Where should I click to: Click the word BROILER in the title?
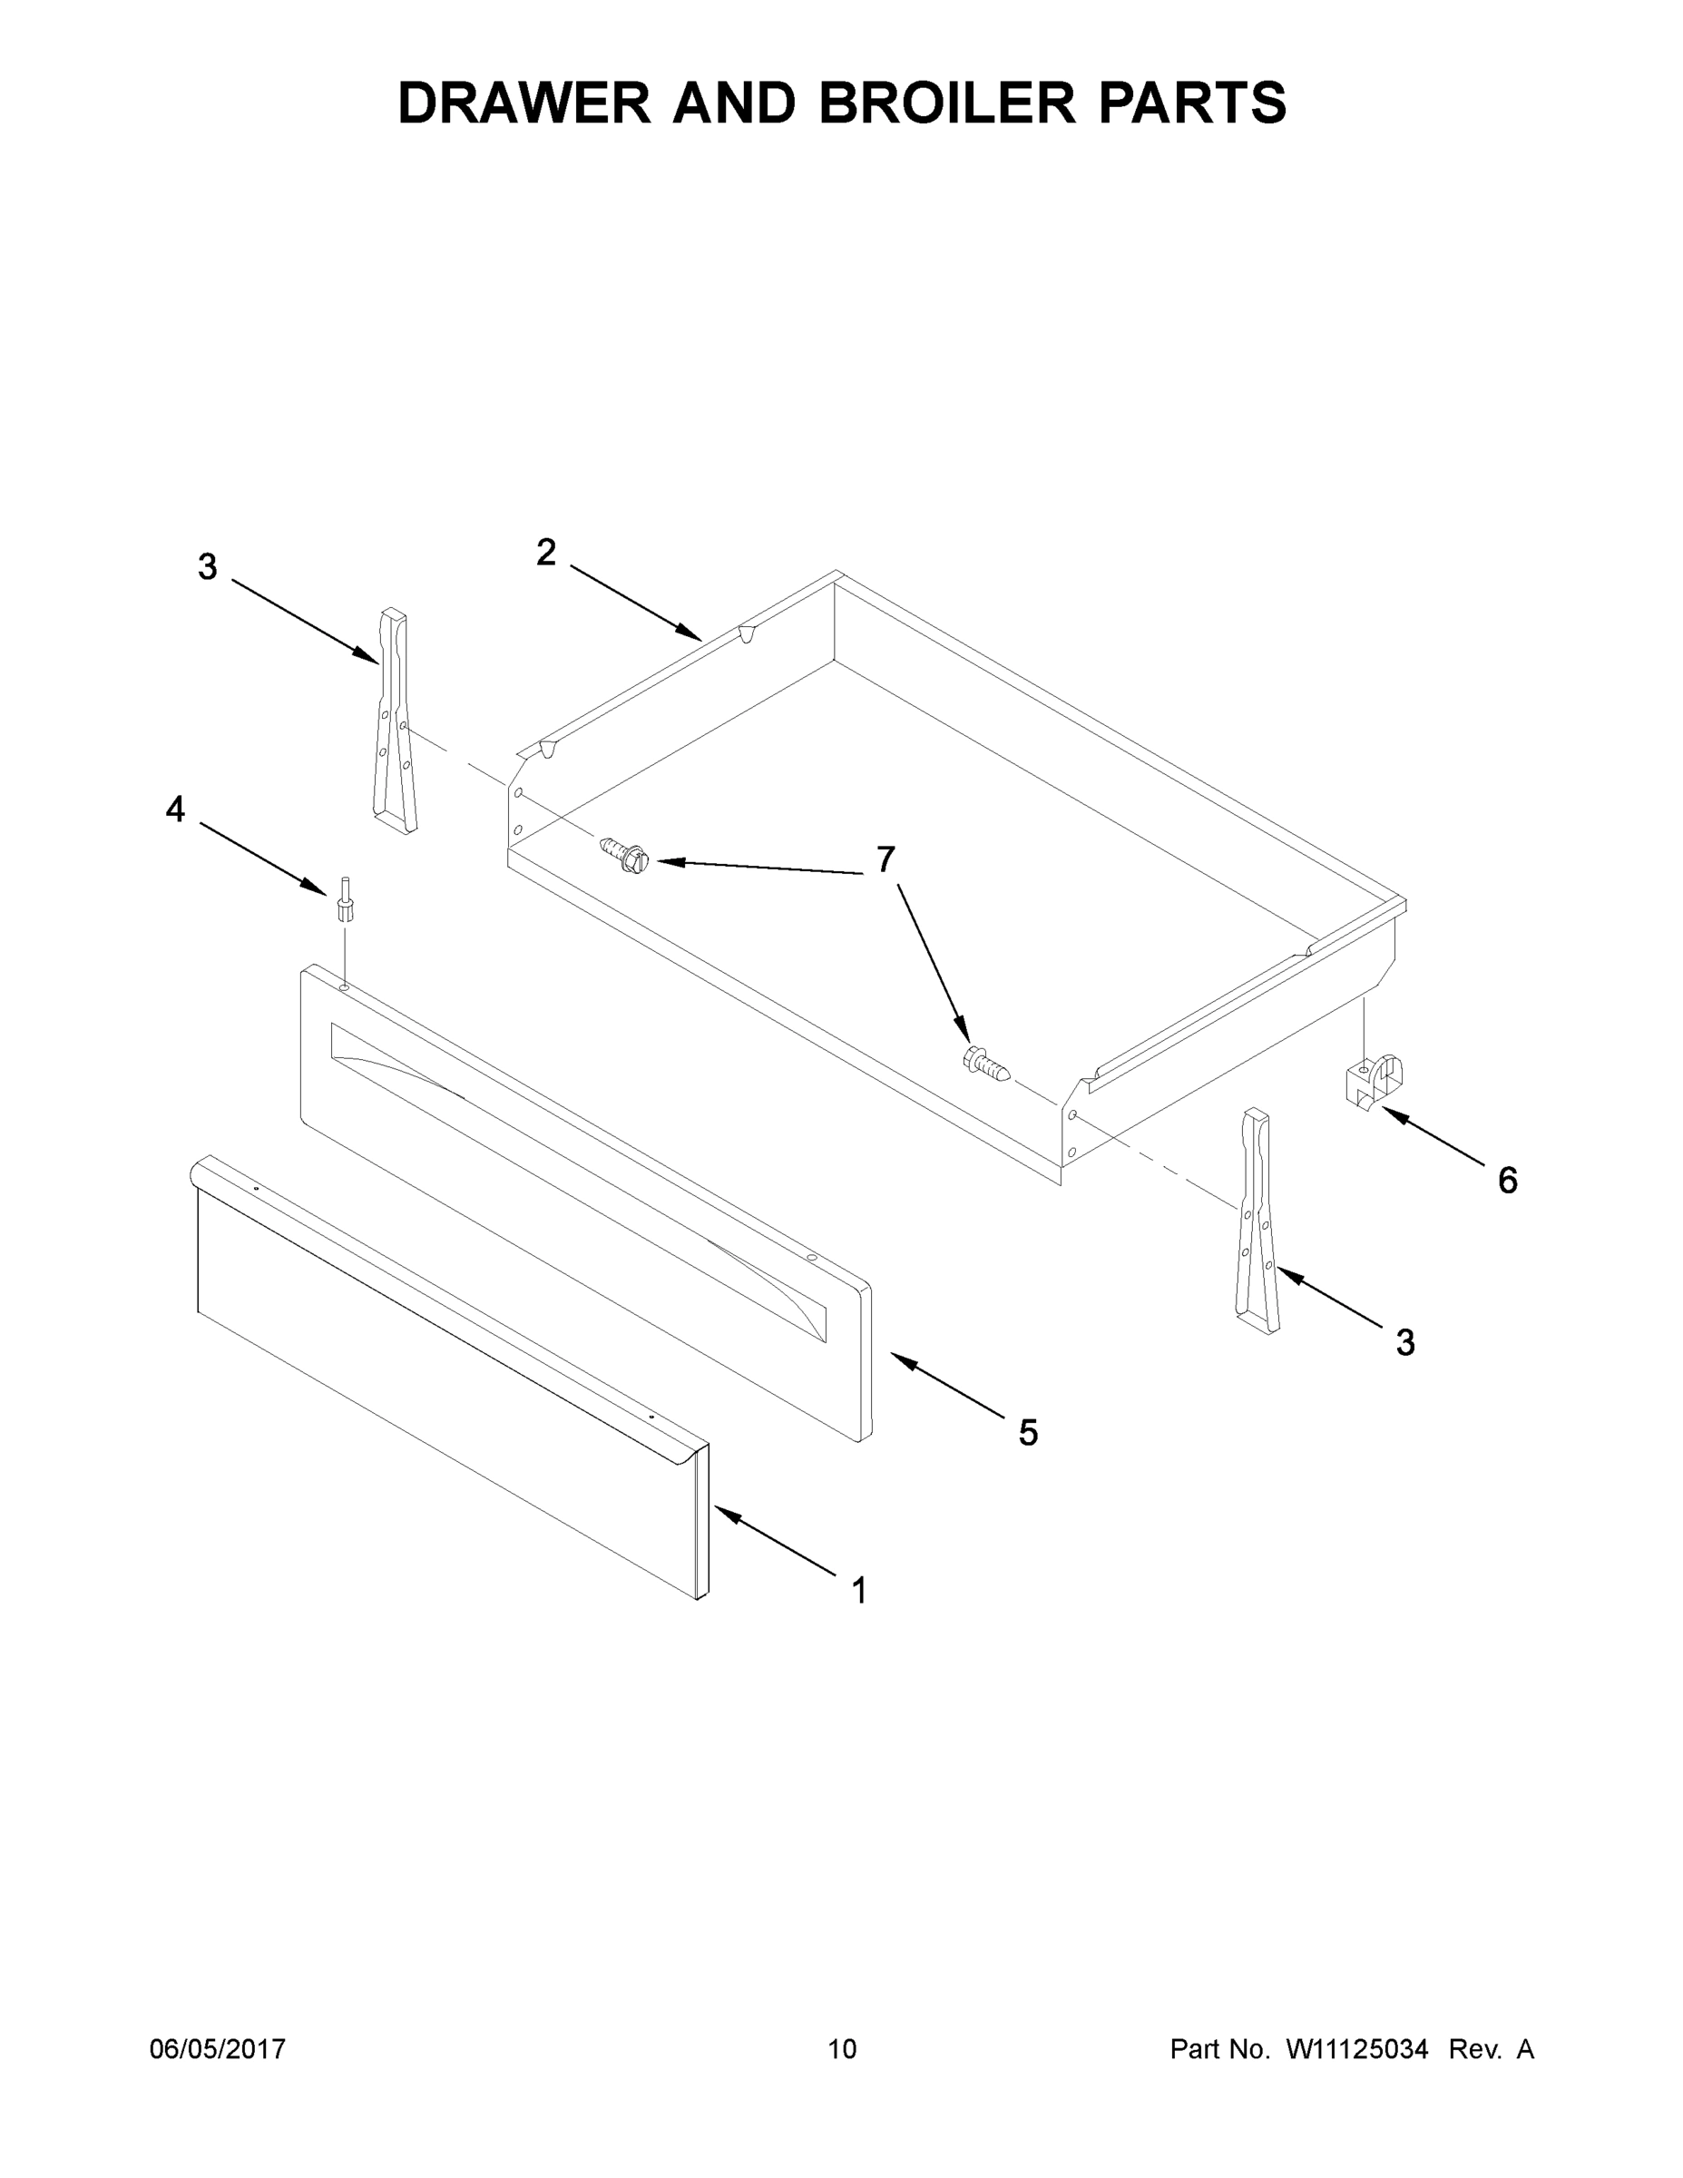tap(947, 103)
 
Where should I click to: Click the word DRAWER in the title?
tap(523, 103)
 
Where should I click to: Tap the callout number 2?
tap(545, 553)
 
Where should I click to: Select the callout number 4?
tap(175, 809)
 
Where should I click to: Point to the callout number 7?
tap(886, 858)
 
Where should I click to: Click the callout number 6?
tap(1508, 1181)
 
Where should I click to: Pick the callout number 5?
tap(1028, 1433)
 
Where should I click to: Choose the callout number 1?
tap(858, 1591)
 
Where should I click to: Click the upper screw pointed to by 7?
tap(625, 855)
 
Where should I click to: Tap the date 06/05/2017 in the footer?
tap(218, 2048)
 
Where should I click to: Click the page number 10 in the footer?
tap(842, 2048)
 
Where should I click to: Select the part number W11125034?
tap(1357, 2048)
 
